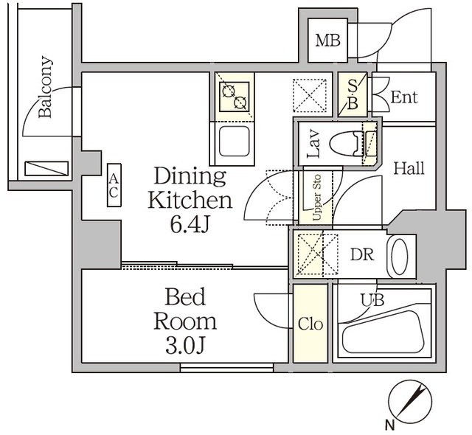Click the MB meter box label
tap(328, 41)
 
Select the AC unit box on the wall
tap(114, 185)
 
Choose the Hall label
tap(408, 168)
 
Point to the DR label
tap(361, 255)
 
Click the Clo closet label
tap(310, 324)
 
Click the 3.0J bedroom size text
tap(186, 344)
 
